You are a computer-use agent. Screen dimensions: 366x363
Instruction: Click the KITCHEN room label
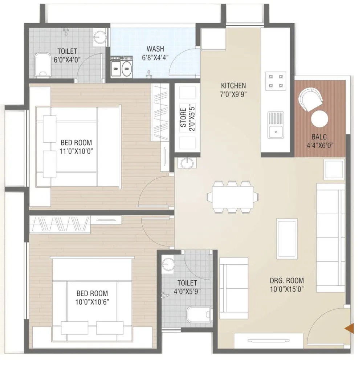click(x=233, y=86)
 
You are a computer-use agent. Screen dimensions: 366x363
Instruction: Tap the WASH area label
click(x=155, y=49)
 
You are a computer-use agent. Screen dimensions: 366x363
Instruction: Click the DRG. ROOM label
click(x=287, y=281)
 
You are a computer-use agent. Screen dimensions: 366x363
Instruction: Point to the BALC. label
click(x=319, y=137)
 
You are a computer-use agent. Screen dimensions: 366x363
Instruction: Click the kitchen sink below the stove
click(x=276, y=126)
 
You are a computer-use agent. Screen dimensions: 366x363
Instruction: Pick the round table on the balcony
click(x=320, y=119)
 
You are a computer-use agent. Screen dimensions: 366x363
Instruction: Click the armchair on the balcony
click(x=310, y=98)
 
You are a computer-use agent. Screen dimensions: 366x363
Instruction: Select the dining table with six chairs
click(x=233, y=196)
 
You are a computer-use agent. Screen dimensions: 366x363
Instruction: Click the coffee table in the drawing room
click(x=287, y=239)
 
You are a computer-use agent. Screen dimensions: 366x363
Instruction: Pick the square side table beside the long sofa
click(x=334, y=169)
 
